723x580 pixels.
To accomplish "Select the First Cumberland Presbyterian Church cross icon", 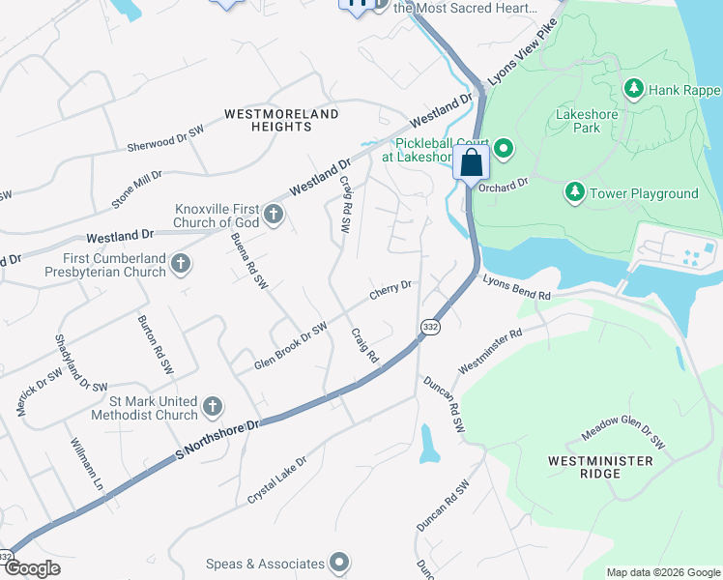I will point(180,263).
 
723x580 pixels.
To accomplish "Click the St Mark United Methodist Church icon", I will point(213,406).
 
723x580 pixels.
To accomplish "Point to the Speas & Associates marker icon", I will point(338,563).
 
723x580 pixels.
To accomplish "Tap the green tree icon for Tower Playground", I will point(575,193).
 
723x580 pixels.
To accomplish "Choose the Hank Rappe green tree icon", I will point(634,90).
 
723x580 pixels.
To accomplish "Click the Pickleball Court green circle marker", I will point(503,148).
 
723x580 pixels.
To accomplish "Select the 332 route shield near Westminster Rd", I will point(430,329).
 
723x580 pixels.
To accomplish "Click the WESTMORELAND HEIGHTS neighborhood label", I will point(281,120).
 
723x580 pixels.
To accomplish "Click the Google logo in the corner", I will point(31,568).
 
